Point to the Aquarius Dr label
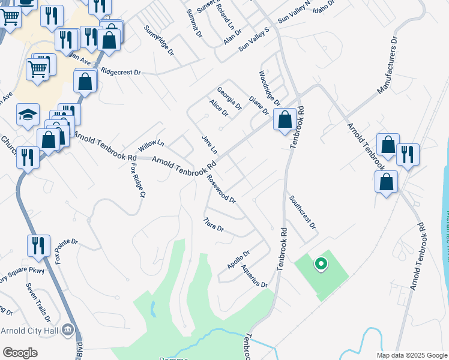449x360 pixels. [255, 275]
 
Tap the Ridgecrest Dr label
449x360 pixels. [121, 71]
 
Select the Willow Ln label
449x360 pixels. [151, 144]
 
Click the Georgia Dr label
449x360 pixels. [229, 98]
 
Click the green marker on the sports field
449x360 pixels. [321, 263]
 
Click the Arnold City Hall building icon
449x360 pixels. [68, 329]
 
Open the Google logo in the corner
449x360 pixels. [20, 353]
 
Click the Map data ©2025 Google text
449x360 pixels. [411, 355]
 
